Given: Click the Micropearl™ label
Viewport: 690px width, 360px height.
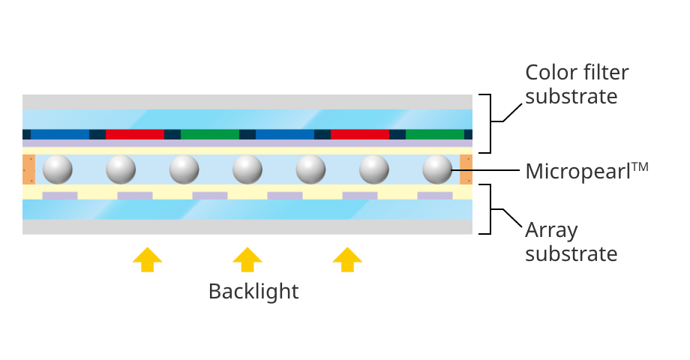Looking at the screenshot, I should click(586, 170).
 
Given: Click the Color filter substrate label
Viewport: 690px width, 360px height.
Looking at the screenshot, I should click(577, 84).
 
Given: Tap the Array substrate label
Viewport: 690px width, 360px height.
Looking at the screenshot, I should click(571, 241).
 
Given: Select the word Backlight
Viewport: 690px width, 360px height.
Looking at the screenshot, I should click(253, 291).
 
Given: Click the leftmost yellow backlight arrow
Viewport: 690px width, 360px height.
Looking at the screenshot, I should click(147, 259).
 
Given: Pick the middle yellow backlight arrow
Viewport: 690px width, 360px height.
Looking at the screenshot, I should click(247, 259).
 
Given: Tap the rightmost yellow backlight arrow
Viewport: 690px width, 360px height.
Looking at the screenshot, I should click(347, 259).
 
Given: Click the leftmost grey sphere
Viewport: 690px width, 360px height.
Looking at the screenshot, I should click(58, 169).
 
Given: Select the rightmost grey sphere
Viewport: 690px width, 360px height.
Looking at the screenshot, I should click(437, 169).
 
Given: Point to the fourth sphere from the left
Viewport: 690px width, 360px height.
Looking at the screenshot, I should click(247, 169).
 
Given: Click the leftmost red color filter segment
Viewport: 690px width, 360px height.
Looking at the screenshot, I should click(135, 134).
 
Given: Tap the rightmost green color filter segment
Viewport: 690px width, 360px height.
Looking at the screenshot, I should click(435, 134).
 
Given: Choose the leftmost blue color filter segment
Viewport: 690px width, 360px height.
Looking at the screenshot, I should click(60, 134).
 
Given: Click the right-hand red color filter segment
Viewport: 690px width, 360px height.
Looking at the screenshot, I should click(360, 134).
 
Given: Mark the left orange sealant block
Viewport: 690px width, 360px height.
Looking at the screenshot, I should click(28, 169).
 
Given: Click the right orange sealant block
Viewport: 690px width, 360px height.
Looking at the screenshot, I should click(466, 169).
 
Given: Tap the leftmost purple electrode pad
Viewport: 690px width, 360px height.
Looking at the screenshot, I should click(60, 196).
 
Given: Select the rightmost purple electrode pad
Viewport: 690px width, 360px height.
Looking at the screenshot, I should click(435, 196).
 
